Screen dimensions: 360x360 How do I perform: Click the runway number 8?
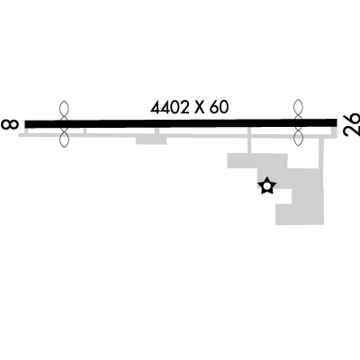(10, 124)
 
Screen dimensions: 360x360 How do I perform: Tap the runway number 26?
(352, 124)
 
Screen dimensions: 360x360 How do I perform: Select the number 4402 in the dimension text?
(170, 107)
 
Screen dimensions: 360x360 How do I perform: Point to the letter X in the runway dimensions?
(200, 108)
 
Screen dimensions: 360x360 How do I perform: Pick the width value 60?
(219, 107)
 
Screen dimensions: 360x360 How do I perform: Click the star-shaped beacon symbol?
(266, 186)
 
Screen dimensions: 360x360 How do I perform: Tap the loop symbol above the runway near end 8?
(64, 109)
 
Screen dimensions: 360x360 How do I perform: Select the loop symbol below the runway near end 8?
(64, 138)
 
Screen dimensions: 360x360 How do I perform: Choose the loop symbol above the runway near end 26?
(298, 109)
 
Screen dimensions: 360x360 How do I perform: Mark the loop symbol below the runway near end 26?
(298, 137)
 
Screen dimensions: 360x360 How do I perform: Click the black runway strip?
(181, 123)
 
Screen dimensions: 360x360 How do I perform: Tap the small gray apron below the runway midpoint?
(151, 140)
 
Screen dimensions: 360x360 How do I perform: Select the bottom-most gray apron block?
(300, 214)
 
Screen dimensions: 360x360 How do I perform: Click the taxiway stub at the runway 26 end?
(335, 131)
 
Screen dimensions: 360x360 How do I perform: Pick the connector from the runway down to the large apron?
(249, 140)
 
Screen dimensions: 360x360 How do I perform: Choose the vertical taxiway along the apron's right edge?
(321, 154)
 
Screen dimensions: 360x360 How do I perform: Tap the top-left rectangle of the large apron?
(257, 161)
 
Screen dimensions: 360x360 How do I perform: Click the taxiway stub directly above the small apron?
(157, 131)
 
